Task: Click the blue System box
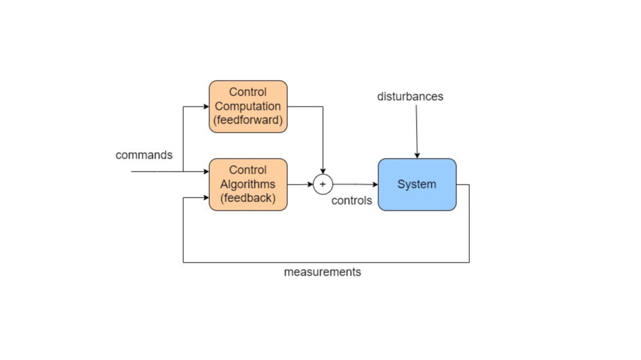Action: pos(417,185)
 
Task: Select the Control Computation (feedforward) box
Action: pos(248,107)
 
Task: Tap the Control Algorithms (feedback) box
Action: pos(248,185)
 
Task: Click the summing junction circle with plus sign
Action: pos(322,185)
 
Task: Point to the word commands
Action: pos(144,155)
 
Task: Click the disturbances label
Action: pos(410,97)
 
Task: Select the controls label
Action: pos(352,201)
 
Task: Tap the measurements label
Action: pos(322,272)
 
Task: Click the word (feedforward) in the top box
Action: pos(248,120)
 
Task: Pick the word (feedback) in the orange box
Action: pos(248,198)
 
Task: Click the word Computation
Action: pos(248,106)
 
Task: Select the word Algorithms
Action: pos(248,185)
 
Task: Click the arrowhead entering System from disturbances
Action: pos(417,155)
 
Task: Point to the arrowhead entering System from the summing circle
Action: pos(374,185)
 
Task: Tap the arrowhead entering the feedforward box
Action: pos(205,107)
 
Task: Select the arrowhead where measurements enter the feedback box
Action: pos(205,198)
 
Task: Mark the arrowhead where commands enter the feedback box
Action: pos(205,172)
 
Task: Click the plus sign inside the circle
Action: pos(322,185)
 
